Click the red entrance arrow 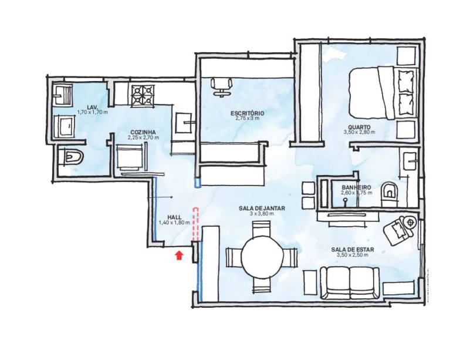[x=179, y=255]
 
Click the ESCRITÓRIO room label [x=247, y=113]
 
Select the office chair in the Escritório [x=222, y=87]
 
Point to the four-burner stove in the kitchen [x=143, y=95]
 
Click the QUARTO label [x=359, y=127]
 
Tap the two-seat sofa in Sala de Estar [x=349, y=283]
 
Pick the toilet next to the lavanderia [x=72, y=156]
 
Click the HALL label [x=174, y=217]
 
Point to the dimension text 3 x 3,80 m [x=262, y=214]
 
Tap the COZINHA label [x=143, y=132]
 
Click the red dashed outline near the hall [x=195, y=224]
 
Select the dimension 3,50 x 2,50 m [x=353, y=255]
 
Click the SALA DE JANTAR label [x=262, y=208]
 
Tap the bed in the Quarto [x=382, y=92]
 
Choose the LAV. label [x=92, y=107]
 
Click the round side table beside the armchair [x=410, y=223]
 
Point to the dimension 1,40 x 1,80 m [x=174, y=223]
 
